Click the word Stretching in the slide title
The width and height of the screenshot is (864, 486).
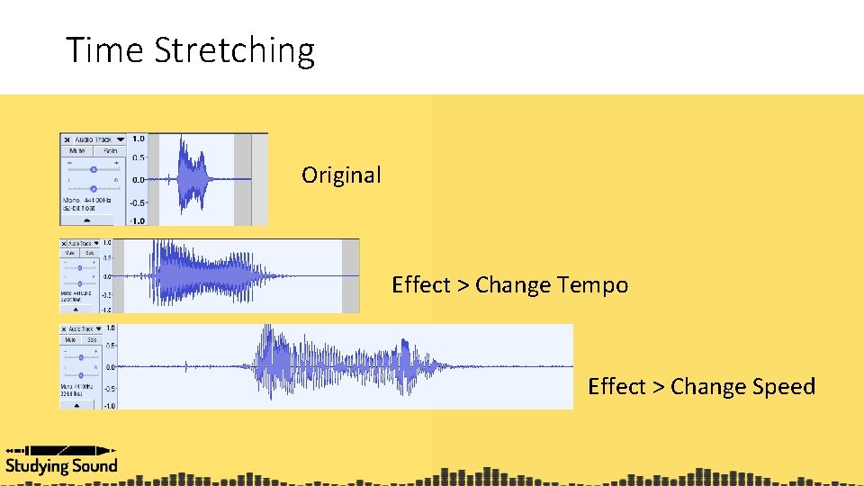tap(234, 50)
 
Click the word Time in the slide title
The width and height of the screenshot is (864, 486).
tap(104, 50)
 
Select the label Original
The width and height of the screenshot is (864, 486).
tap(341, 175)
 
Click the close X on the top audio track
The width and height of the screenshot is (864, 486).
tap(67, 139)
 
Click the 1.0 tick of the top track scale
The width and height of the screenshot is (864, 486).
tap(138, 139)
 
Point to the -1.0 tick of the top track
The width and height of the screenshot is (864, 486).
tap(136, 220)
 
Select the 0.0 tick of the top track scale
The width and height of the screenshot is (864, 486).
tap(138, 180)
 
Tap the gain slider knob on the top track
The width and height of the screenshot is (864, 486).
tap(94, 168)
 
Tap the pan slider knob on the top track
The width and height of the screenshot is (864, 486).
tap(94, 187)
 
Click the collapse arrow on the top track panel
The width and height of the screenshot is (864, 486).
tap(87, 220)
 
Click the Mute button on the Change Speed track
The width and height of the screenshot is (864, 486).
tap(70, 340)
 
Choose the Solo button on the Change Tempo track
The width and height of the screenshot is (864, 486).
tap(92, 254)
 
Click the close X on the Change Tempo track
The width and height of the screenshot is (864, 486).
tap(64, 244)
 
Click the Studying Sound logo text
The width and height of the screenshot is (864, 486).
tap(61, 465)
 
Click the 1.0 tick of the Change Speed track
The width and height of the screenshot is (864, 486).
tap(109, 328)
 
